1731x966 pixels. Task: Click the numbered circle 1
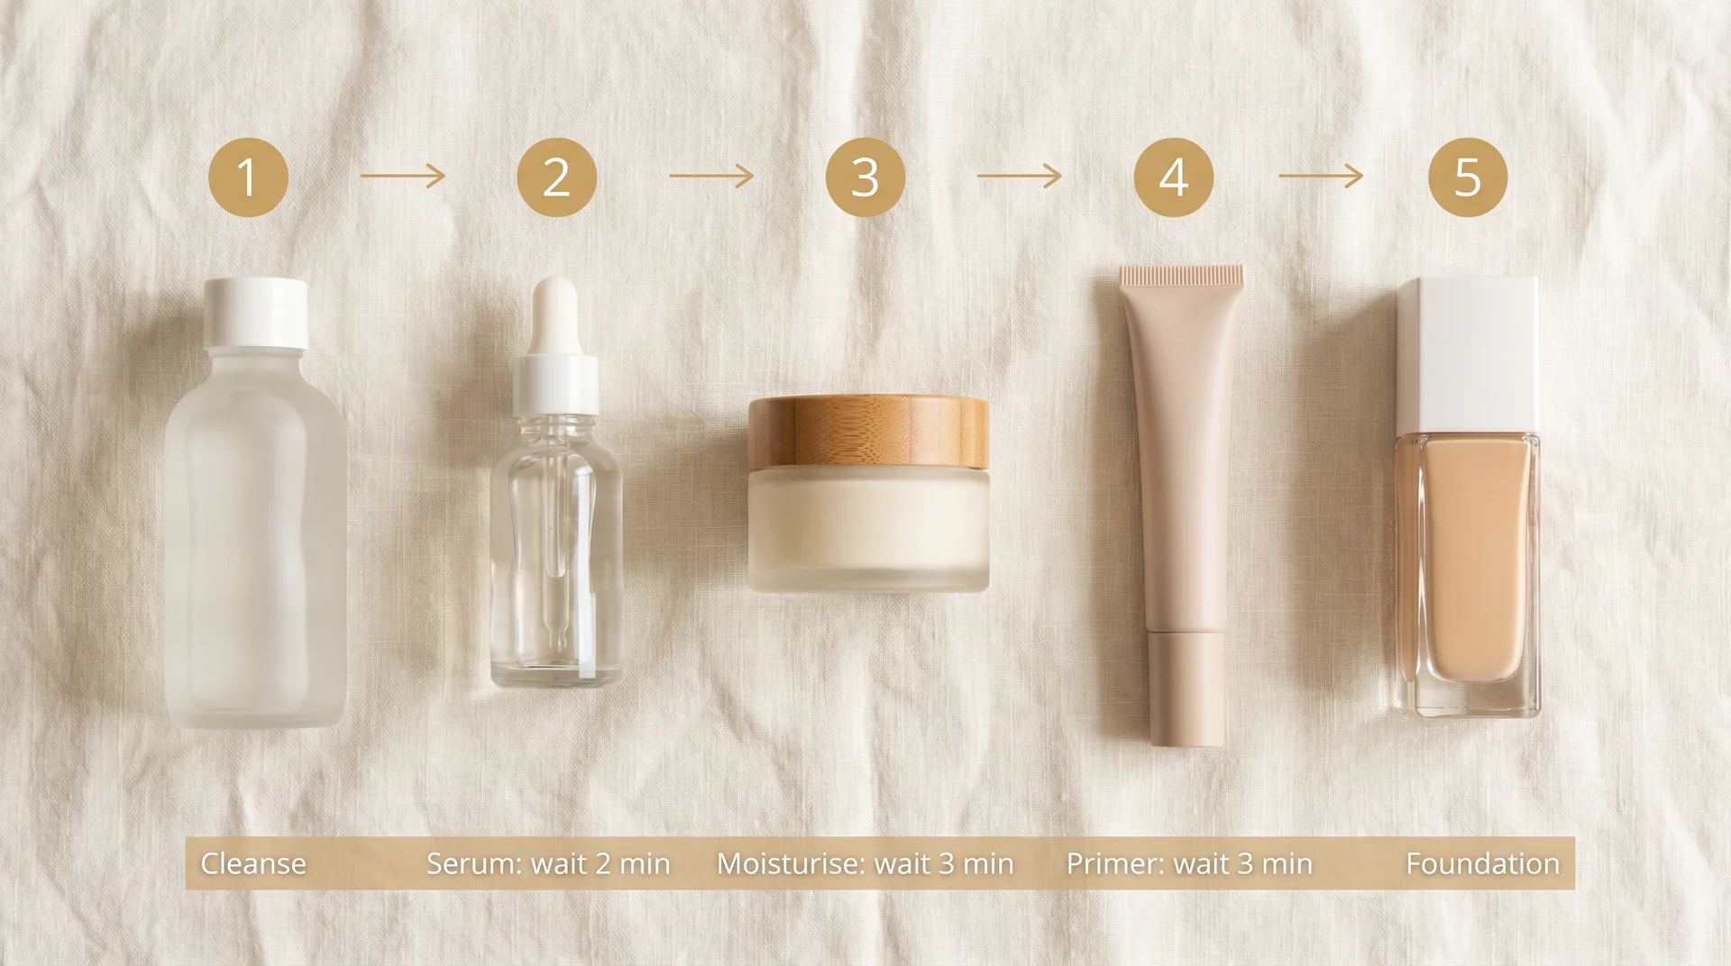[248, 177]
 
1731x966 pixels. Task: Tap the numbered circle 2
[556, 177]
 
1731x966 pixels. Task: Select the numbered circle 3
[865, 177]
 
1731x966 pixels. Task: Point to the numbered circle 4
[1173, 177]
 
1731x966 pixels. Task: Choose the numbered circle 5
[1468, 177]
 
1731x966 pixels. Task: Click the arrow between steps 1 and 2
[403, 176]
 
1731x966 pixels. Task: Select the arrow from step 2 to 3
[711, 176]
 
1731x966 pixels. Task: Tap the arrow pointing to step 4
[1020, 176]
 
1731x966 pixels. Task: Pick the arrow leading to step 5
[1321, 176]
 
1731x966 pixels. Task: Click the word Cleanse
[253, 863]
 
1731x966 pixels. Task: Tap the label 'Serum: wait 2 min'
[548, 863]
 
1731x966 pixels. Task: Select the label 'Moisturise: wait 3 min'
[865, 863]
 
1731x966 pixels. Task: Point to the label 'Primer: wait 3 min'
[1189, 863]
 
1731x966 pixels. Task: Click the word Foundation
[1482, 863]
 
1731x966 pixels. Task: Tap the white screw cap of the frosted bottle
[256, 313]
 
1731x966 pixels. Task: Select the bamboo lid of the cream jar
[868, 432]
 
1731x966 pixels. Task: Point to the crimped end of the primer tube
[1182, 274]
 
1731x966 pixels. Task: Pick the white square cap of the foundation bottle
[1468, 353]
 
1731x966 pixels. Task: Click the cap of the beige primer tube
[1187, 689]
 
